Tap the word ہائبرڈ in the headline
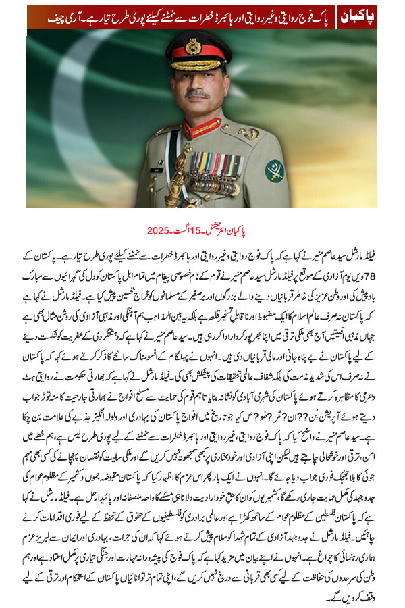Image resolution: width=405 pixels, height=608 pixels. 204,16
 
